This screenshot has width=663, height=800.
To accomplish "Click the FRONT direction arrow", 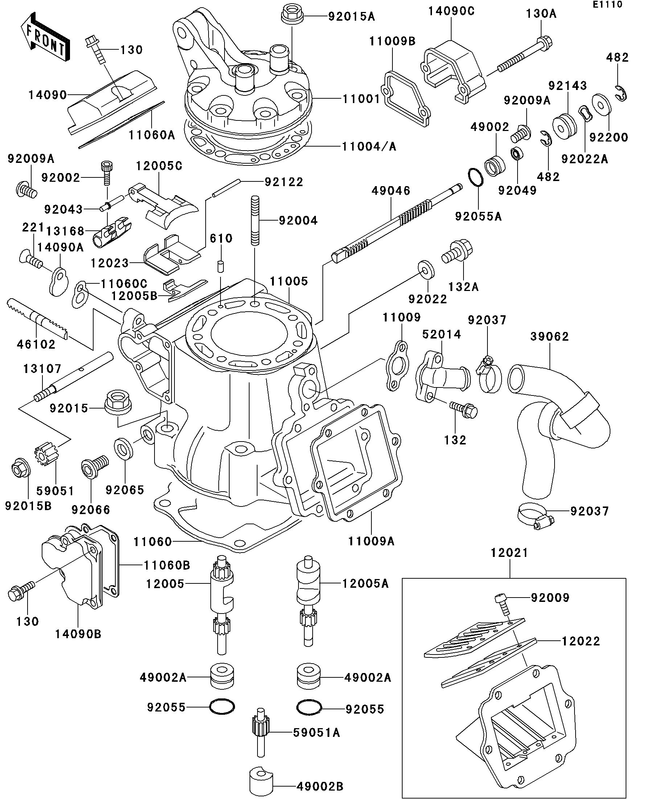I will tap(45, 37).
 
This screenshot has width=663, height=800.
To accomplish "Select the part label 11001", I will tap(361, 99).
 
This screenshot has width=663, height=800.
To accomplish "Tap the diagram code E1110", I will tap(607, 5).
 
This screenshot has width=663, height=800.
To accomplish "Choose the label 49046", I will tap(391, 190).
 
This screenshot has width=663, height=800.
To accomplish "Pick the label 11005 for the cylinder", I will tap(289, 282).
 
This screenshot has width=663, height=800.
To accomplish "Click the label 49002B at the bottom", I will tap(320, 786).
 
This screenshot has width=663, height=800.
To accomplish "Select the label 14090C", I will tap(451, 12).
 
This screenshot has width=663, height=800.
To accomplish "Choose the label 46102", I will tap(36, 344).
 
